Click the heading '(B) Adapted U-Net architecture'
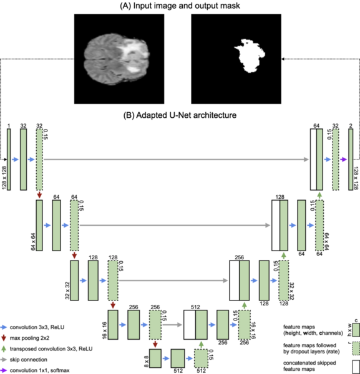(x=180, y=114)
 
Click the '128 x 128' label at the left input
(x=4, y=160)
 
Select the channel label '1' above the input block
(x=9, y=125)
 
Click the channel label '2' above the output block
(x=351, y=125)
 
